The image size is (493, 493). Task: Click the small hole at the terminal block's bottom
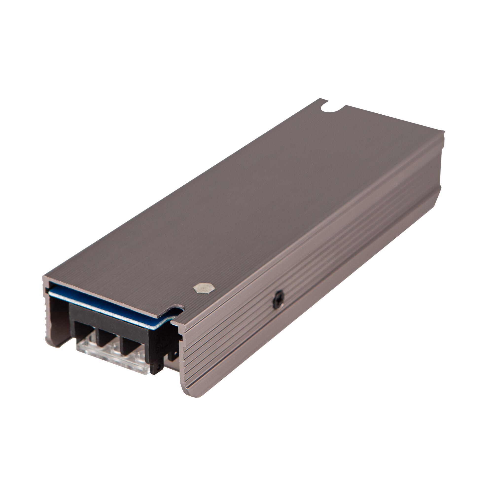[x=159, y=367]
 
